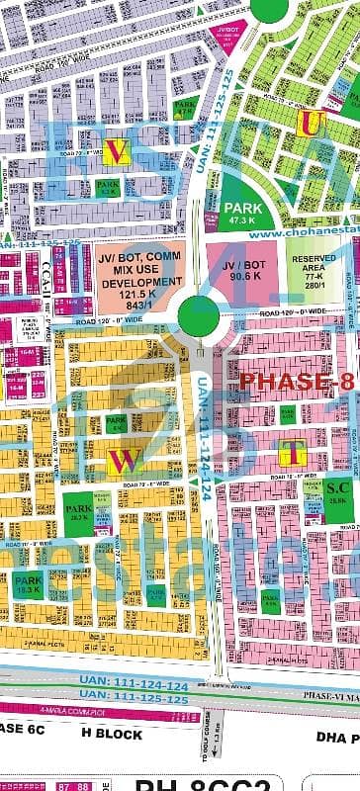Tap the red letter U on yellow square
[312, 123]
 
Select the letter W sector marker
[122, 460]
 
